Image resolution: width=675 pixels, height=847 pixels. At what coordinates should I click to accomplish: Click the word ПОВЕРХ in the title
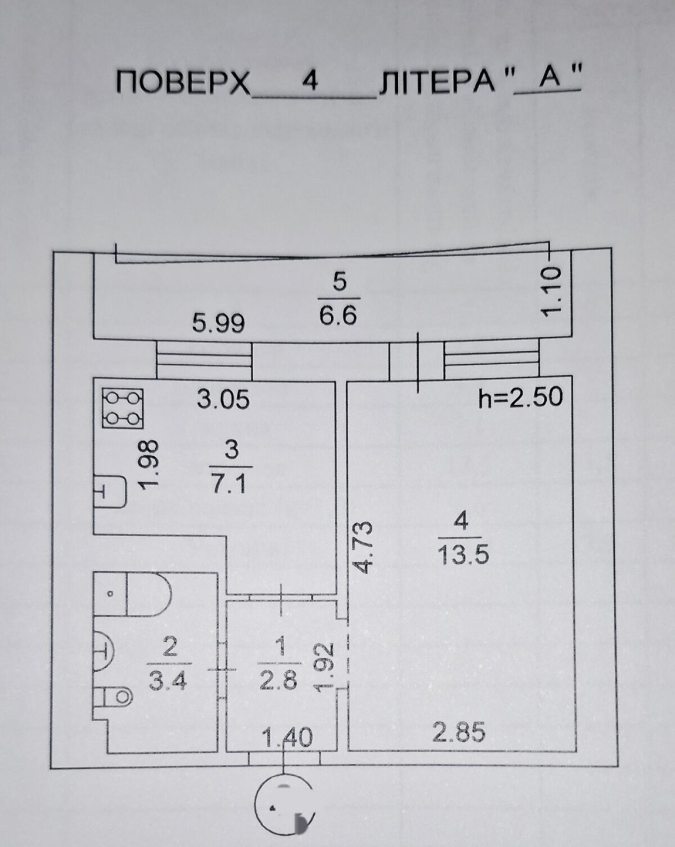tap(183, 81)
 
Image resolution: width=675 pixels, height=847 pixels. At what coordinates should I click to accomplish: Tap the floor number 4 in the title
tap(310, 79)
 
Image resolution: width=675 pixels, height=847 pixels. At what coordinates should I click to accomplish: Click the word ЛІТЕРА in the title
tap(437, 80)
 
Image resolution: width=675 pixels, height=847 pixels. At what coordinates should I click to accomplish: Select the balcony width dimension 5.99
tap(218, 323)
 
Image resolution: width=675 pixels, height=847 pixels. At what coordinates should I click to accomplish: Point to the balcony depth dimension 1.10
tap(551, 291)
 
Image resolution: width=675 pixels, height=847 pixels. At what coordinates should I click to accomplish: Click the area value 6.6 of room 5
tap(338, 316)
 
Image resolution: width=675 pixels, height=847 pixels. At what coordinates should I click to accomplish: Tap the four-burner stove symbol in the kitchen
tap(122, 408)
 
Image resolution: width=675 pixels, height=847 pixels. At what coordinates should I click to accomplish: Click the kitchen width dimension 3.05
tap(223, 399)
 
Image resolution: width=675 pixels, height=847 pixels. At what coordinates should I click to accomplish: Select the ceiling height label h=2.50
tap(521, 397)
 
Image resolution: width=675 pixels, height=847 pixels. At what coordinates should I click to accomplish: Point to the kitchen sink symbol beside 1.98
tap(109, 491)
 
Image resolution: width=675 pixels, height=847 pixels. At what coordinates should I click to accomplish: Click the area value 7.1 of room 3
tap(229, 484)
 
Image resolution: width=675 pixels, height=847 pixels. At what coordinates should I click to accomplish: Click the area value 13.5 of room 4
tap(462, 555)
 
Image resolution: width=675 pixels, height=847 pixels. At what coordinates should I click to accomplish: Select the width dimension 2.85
tap(459, 733)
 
